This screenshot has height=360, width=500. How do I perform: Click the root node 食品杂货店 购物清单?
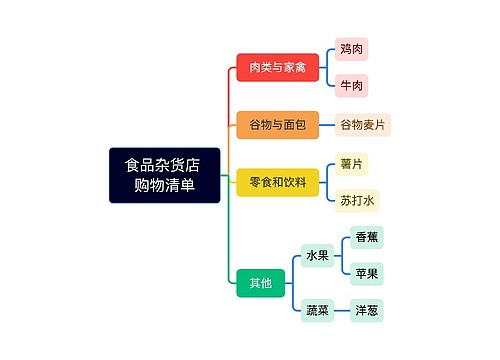(x=164, y=175)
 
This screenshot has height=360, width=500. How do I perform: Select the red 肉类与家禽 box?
(x=277, y=67)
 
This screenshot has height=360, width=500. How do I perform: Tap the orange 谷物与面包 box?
(x=277, y=125)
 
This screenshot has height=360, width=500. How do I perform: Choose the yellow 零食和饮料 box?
(x=277, y=182)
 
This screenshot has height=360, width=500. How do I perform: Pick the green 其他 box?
(x=260, y=284)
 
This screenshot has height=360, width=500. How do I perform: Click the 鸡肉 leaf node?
(x=351, y=48)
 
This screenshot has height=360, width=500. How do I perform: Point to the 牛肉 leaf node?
(x=351, y=85)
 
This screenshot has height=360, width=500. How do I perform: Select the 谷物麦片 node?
(x=363, y=125)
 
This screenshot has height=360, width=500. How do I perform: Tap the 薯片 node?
(x=351, y=163)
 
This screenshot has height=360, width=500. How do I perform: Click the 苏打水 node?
(x=357, y=201)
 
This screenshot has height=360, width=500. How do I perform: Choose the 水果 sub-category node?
(x=317, y=256)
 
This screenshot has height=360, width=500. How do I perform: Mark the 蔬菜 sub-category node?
(x=317, y=311)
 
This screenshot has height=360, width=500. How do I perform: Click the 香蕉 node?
(x=366, y=237)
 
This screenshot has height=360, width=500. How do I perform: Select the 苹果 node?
(x=366, y=272)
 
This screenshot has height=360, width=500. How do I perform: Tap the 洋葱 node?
(x=366, y=311)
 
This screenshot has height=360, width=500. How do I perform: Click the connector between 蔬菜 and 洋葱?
(x=341, y=311)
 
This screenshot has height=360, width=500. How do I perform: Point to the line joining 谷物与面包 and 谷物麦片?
(x=327, y=125)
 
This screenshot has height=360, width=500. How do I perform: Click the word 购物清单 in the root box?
(x=164, y=185)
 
